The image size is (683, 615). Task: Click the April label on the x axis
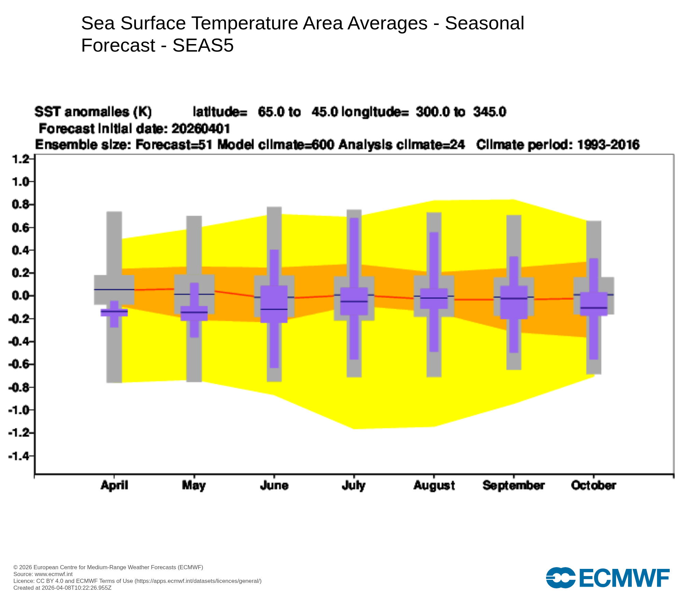pyautogui.click(x=114, y=486)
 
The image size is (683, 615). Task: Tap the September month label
pyautogui.click(x=514, y=486)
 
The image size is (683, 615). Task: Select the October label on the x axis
pyautogui.click(x=594, y=486)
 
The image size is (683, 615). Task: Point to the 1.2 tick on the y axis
pyautogui.click(x=20, y=159)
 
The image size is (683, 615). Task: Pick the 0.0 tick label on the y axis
pyautogui.click(x=20, y=296)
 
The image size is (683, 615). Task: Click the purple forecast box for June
pyautogui.click(x=274, y=304)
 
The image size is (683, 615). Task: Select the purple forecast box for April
pyautogui.click(x=114, y=313)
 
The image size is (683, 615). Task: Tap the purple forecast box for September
pyautogui.click(x=514, y=302)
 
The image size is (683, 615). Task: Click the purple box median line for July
pyautogui.click(x=354, y=302)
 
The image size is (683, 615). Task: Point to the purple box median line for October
pyautogui.click(x=594, y=308)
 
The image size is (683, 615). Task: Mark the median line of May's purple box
pyautogui.click(x=194, y=312)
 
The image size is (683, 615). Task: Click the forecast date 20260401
pyautogui.click(x=201, y=129)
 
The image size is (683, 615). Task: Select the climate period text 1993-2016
pyautogui.click(x=608, y=145)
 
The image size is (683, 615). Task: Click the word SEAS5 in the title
pyautogui.click(x=203, y=45)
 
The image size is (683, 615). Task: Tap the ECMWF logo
pyautogui.click(x=608, y=578)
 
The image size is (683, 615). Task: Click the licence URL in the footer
pyautogui.click(x=198, y=581)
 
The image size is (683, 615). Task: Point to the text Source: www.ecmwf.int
pyautogui.click(x=43, y=574)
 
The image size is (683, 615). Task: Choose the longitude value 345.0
pyautogui.click(x=489, y=112)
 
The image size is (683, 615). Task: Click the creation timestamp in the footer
pyautogui.click(x=62, y=588)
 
